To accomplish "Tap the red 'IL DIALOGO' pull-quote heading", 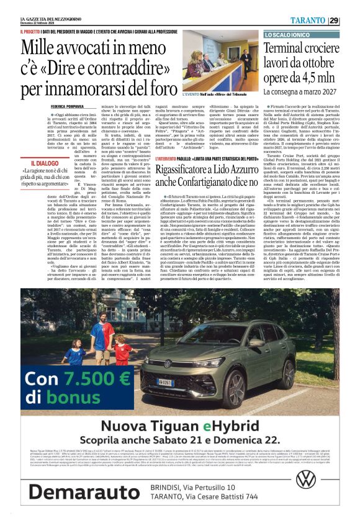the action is pos(43,162).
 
